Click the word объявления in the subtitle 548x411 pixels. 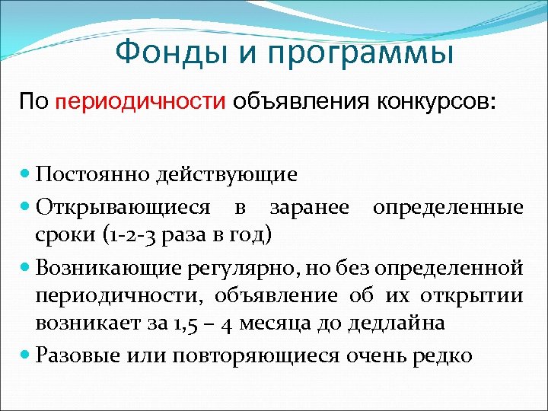(300, 100)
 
